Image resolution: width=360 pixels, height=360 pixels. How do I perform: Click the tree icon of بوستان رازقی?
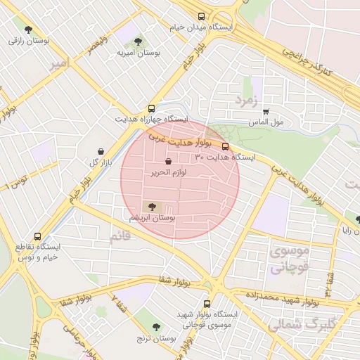(28, 30)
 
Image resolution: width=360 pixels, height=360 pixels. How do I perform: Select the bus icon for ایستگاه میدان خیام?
(202, 16)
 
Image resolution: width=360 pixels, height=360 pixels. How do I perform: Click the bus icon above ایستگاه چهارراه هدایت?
(152, 108)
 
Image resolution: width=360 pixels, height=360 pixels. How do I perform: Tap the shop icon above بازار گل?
(101, 151)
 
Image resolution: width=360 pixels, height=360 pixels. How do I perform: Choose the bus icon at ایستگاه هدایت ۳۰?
(225, 146)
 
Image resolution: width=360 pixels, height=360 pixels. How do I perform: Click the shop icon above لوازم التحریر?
(167, 162)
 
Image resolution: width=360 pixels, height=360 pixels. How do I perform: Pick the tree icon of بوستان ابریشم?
(151, 206)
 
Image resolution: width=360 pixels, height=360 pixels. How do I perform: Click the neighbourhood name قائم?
(120, 237)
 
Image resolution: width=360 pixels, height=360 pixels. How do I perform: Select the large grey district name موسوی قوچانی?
(289, 259)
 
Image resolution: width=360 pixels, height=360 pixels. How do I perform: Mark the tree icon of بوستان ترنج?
(156, 327)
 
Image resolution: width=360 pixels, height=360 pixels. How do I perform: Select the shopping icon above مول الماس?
(266, 111)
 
